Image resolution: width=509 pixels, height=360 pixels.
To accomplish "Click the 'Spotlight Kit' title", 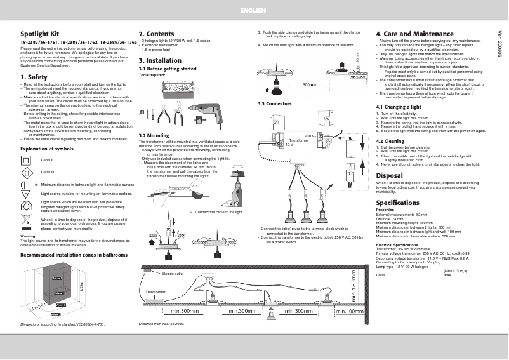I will pos(40,33).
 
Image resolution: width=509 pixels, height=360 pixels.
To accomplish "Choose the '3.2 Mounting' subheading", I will pos(154,135).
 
